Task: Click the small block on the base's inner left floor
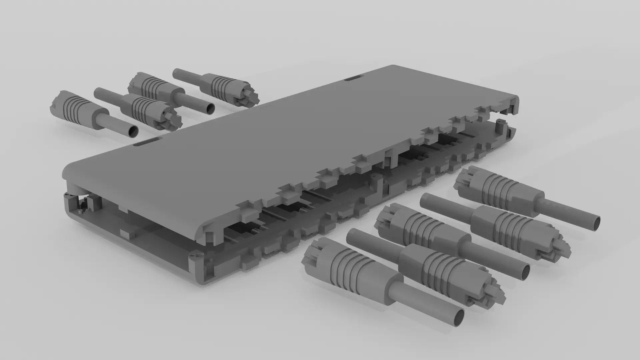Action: click(125, 233)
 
